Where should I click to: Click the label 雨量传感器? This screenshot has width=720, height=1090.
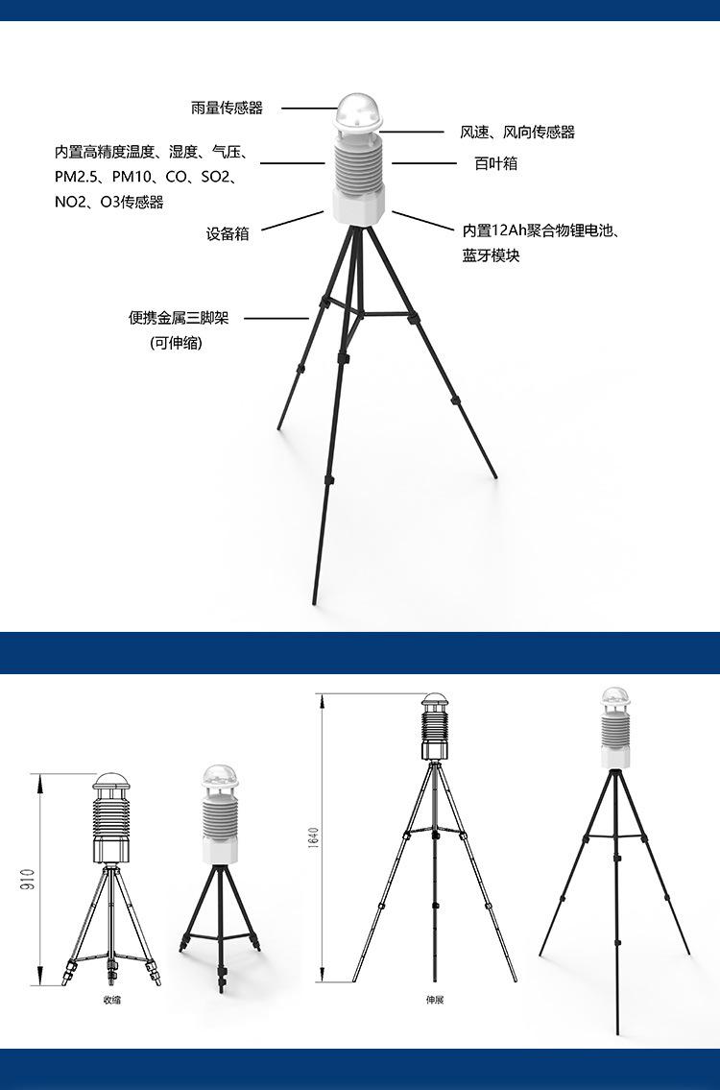point(227,109)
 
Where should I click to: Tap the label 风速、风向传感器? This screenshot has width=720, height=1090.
point(517,133)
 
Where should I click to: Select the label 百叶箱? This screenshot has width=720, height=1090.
point(496,163)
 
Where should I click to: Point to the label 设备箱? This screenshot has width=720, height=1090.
point(228,233)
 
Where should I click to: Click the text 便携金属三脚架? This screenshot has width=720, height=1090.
point(179,318)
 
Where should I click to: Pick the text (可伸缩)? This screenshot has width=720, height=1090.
point(177,343)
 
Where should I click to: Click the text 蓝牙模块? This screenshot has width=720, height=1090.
point(491,256)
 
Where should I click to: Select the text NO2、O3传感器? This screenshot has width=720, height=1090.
point(109,202)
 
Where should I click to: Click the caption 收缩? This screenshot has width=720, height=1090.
point(112,1000)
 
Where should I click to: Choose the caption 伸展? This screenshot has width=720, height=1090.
point(435,1000)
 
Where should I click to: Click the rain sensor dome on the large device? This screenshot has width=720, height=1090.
point(358,113)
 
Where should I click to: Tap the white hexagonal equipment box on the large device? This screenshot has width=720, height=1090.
point(359,205)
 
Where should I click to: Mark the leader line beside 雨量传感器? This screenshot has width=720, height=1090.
point(307,109)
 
